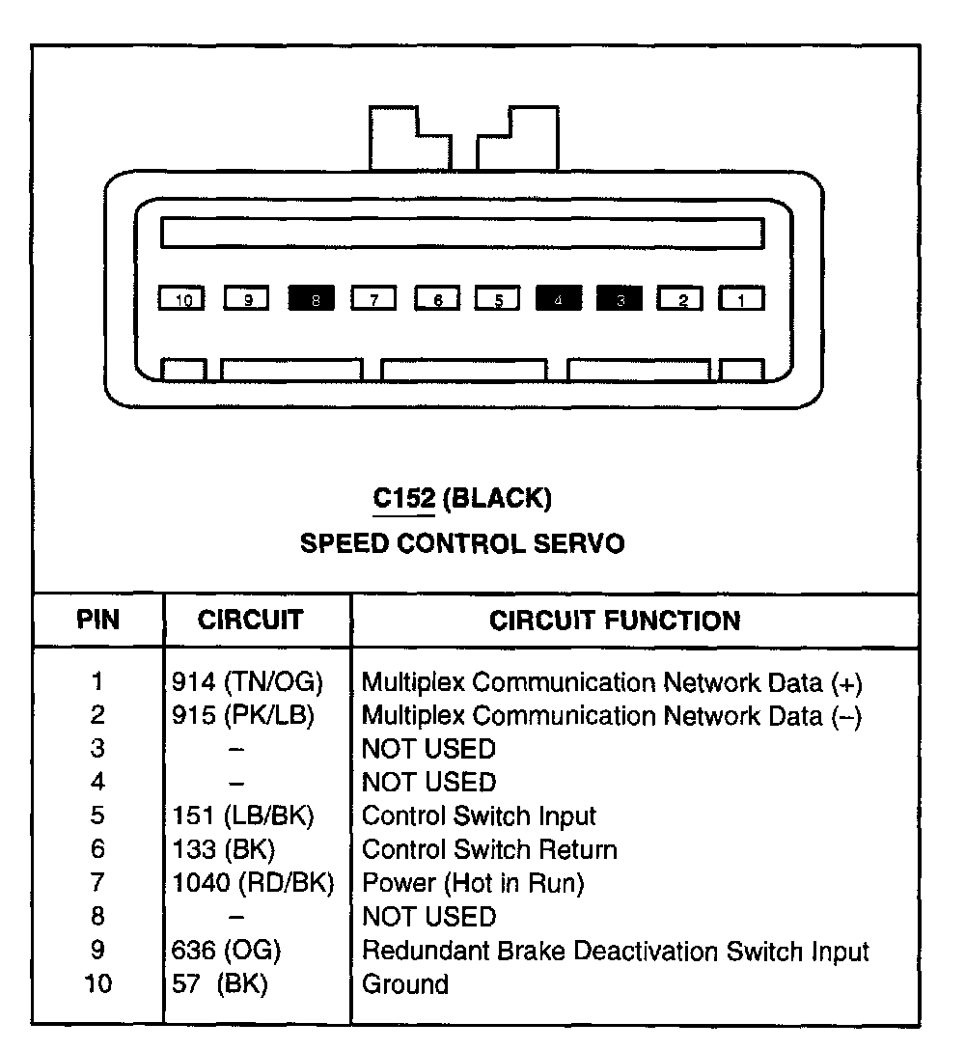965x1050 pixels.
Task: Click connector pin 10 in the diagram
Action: point(182,299)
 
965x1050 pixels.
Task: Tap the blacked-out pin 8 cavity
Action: point(312,299)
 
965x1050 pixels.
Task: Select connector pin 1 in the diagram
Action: point(741,299)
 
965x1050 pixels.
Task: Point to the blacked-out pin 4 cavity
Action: point(559,299)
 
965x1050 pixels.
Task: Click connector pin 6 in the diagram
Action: point(437,299)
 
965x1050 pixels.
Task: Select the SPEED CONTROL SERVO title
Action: point(462,543)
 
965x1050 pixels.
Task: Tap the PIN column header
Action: point(97,620)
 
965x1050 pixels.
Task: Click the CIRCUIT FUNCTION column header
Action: point(615,621)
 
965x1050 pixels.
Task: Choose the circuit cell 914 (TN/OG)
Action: point(247,683)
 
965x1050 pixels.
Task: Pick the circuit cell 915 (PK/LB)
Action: point(243,716)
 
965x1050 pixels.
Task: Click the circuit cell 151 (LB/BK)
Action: point(243,816)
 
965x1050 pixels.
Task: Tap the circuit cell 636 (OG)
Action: point(226,951)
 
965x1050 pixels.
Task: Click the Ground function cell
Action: point(404,984)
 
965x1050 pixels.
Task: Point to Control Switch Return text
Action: point(488,850)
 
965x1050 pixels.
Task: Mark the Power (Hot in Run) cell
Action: point(472,883)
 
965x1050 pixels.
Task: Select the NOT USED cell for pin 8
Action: point(427,917)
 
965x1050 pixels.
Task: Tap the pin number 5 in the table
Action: point(97,816)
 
